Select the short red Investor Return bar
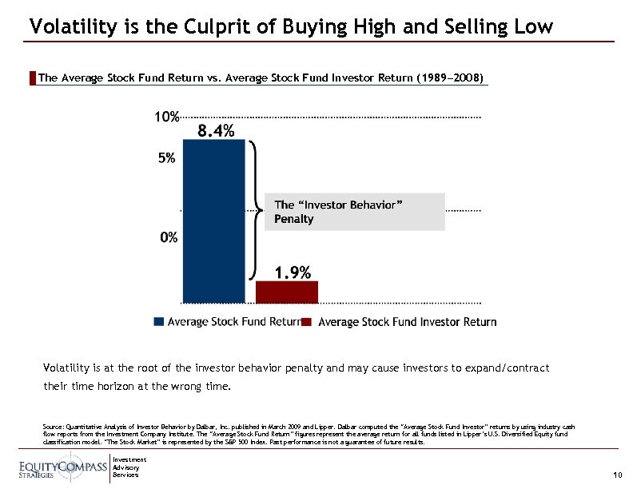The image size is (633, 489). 286,292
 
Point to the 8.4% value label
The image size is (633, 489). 216,131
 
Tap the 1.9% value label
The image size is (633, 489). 293,272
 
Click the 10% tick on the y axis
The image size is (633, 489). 167,117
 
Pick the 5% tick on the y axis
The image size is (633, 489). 167,158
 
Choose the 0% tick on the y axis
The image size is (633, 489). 169,237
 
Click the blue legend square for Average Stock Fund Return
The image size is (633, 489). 159,322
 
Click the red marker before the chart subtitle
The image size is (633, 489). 32,78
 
